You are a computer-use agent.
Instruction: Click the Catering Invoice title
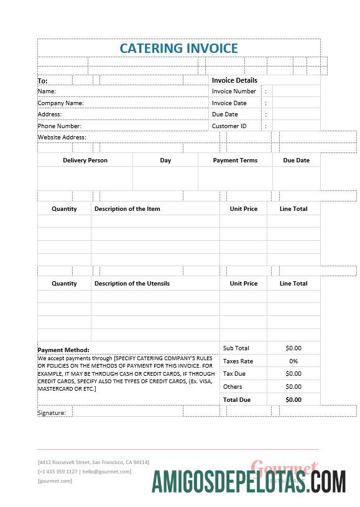point(178,48)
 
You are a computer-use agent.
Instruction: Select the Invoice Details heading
point(234,80)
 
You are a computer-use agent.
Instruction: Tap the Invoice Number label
point(234,91)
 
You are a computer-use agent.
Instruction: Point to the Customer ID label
point(229,126)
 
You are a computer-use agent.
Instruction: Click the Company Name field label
point(60,103)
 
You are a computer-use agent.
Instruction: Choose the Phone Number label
point(59,126)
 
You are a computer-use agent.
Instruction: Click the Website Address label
point(62,137)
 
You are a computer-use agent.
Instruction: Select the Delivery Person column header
point(85,160)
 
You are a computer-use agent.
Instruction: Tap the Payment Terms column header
point(235,160)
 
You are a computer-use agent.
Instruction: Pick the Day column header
point(165,160)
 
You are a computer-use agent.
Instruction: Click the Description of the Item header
point(127,209)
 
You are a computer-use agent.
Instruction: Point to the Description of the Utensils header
point(132,284)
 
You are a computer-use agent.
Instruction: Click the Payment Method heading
point(63,350)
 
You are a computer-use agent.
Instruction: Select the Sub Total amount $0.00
point(293,348)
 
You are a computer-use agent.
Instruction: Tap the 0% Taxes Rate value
point(293,361)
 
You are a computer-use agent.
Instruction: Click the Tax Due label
point(234,374)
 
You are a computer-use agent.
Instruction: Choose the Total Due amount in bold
point(293,400)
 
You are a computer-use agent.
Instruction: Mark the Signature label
point(52,412)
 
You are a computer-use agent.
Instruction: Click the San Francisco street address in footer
point(93,462)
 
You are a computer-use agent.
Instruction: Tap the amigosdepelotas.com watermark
point(249,482)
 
